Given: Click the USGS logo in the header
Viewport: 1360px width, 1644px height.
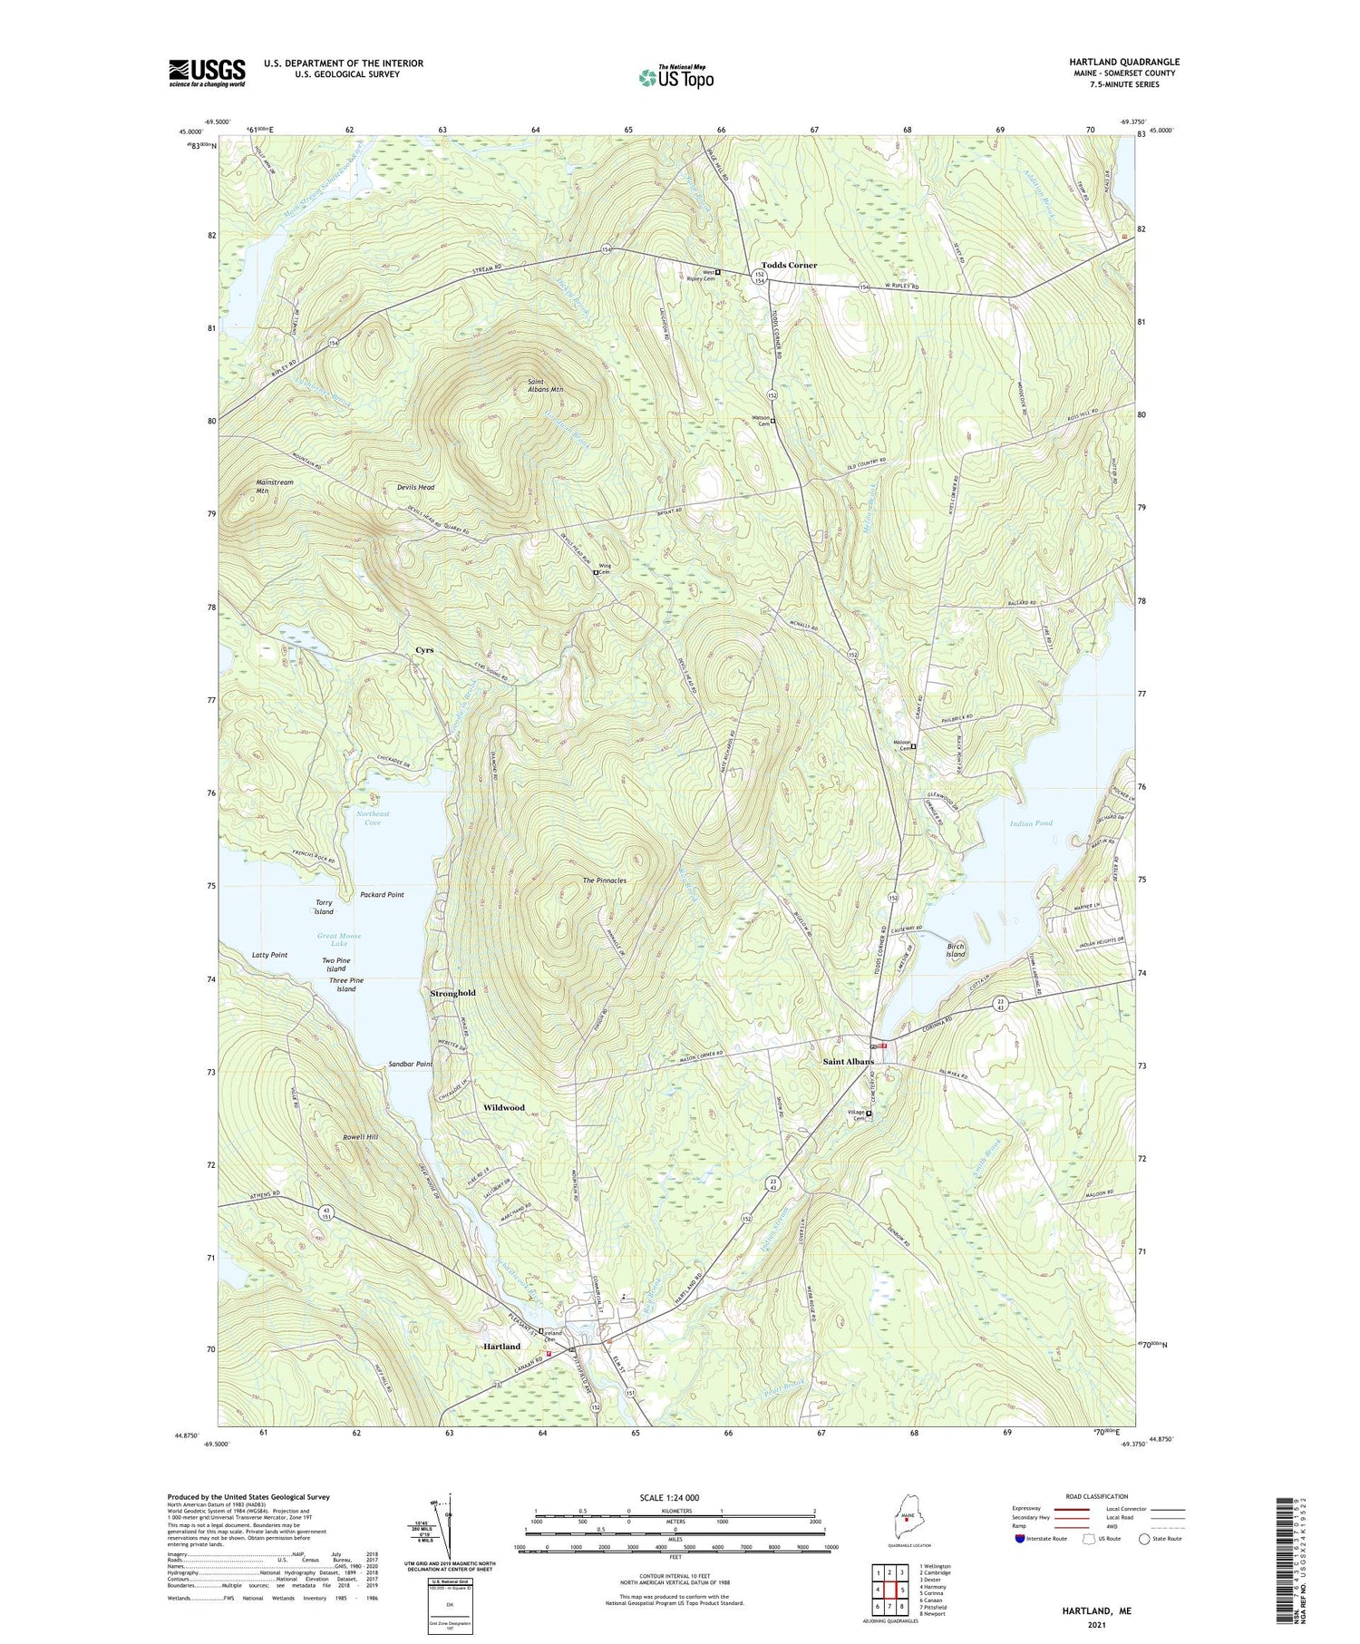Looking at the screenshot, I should click(x=207, y=73).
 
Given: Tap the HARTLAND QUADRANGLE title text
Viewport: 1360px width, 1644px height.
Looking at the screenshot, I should click(x=1123, y=62).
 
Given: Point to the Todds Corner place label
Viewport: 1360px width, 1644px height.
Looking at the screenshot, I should click(x=789, y=265).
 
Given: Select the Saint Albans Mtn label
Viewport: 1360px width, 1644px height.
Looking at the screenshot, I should click(x=545, y=385).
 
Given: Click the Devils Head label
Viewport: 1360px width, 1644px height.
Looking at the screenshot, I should click(x=415, y=487).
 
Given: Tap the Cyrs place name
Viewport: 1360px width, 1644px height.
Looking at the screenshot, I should click(x=424, y=650).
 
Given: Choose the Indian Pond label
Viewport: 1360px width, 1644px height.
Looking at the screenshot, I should click(x=1031, y=823).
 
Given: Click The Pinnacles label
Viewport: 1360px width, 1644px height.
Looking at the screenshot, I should click(x=604, y=880).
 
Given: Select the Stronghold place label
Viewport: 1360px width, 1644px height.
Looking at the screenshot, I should click(x=452, y=993).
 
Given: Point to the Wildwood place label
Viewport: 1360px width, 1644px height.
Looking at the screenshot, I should click(x=503, y=1107).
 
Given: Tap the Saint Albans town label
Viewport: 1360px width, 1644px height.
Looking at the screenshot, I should click(x=848, y=1061).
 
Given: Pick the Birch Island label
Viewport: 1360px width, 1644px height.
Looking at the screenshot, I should click(x=956, y=950).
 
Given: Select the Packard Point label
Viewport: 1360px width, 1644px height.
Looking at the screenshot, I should click(x=382, y=894).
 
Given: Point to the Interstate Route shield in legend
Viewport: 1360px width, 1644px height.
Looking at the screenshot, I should click(x=1020, y=1539).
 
